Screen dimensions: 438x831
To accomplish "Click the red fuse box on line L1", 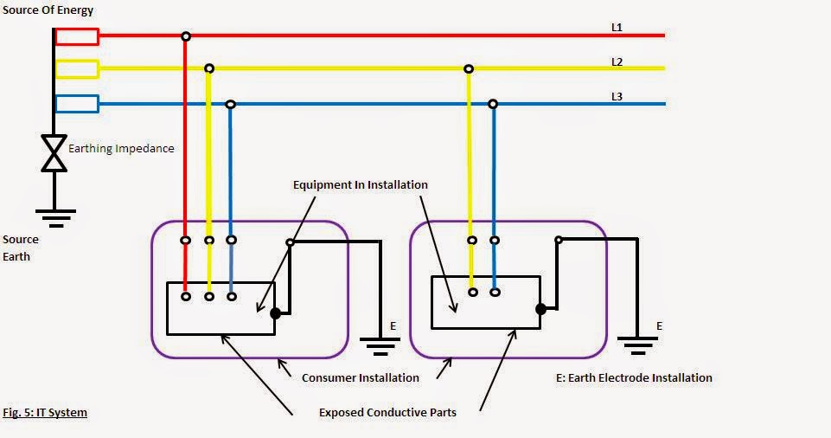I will (77, 36).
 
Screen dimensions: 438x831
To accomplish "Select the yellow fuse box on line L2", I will (77, 69).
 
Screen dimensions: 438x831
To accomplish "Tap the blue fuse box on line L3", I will (77, 104).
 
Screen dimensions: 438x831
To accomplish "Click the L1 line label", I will (617, 28).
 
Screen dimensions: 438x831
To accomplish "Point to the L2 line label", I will (617, 62).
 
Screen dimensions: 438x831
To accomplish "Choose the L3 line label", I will (617, 97).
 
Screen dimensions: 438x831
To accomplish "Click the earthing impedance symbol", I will (54, 153).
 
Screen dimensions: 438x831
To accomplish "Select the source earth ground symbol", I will (54, 216).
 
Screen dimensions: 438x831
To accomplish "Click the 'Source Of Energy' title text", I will (48, 10).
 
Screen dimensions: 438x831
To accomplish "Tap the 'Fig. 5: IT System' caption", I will (44, 413).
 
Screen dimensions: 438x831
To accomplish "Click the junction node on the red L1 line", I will (185, 36).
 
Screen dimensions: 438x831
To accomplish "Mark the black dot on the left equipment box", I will (275, 313).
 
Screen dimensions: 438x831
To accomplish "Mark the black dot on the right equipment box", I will (540, 308).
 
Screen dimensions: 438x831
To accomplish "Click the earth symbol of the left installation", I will (379, 348).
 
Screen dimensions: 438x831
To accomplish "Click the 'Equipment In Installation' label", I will (360, 185).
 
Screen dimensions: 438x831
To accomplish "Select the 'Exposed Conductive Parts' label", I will (387, 413).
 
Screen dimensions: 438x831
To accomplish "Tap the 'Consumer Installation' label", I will (360, 378).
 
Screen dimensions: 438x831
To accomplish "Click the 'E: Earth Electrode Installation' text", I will (635, 378).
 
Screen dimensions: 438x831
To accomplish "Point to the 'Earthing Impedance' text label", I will (121, 149).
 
